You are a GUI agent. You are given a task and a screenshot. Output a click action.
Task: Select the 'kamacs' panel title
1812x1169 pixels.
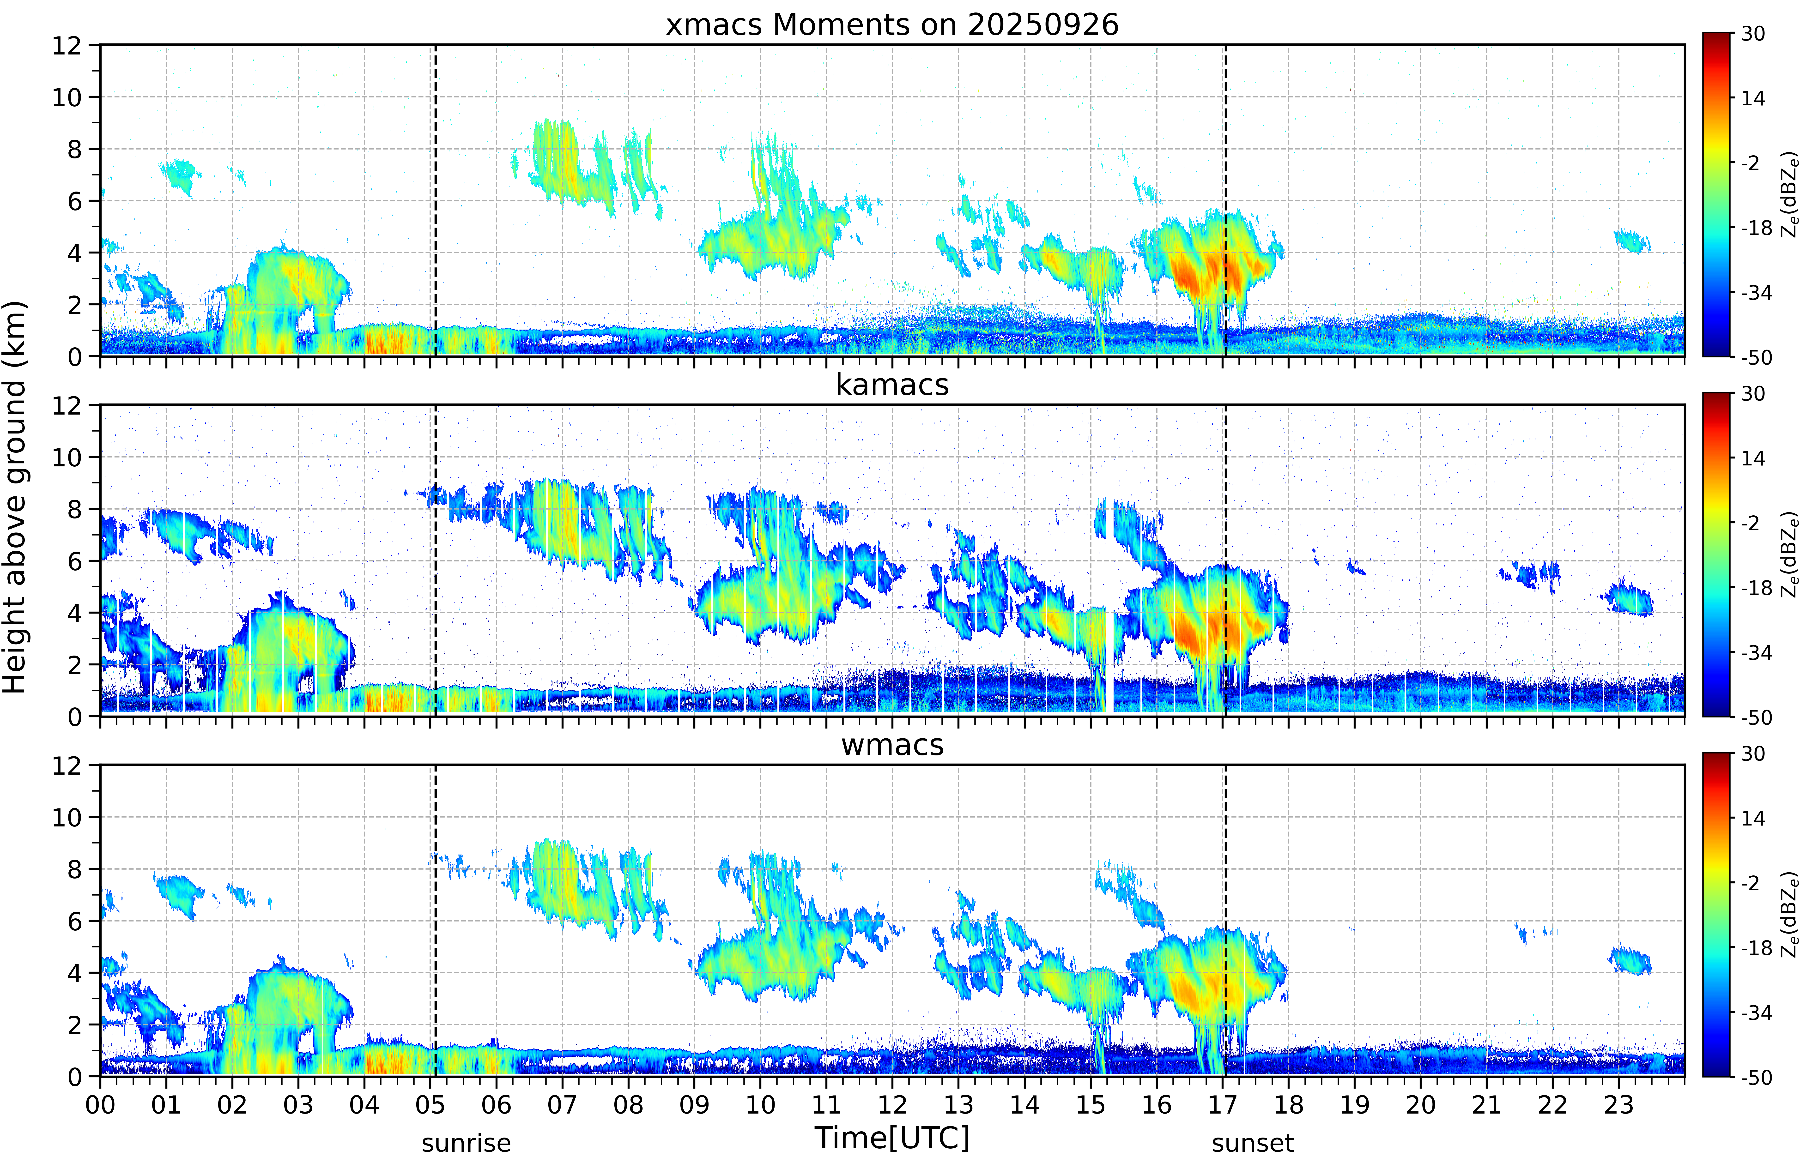892,385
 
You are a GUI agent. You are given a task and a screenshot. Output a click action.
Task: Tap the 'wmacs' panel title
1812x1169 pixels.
892,745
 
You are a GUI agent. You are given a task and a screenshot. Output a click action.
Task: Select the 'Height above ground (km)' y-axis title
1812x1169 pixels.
15,497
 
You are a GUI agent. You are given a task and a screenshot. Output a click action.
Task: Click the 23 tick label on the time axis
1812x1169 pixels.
1618,1104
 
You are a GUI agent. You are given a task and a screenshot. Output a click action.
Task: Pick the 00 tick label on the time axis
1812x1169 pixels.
100,1104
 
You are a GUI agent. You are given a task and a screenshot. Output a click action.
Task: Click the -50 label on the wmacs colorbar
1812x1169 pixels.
1756,1077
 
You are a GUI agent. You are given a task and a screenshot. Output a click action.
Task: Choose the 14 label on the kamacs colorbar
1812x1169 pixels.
1753,458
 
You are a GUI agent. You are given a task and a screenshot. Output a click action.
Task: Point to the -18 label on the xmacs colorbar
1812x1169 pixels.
1756,228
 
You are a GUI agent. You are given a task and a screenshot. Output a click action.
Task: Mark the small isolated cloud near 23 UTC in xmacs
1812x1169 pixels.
1632,242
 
